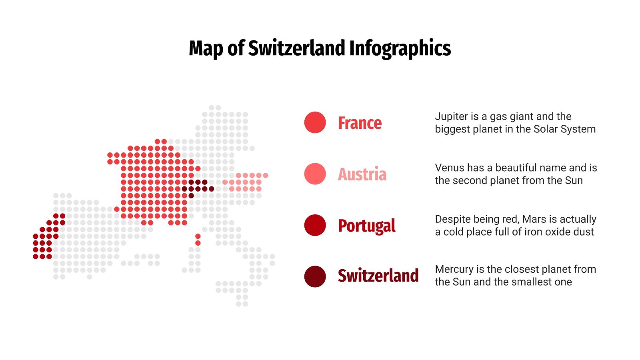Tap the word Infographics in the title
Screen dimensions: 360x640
400,48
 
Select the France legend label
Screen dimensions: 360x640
360,123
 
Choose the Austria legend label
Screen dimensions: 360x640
362,174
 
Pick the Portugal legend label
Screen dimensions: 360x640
366,226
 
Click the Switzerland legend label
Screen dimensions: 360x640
378,276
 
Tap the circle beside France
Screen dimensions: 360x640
315,122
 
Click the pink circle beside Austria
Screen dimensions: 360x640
315,174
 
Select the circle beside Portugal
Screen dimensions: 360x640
315,225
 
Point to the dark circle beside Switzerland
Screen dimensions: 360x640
315,276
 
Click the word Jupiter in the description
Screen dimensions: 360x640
451,117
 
